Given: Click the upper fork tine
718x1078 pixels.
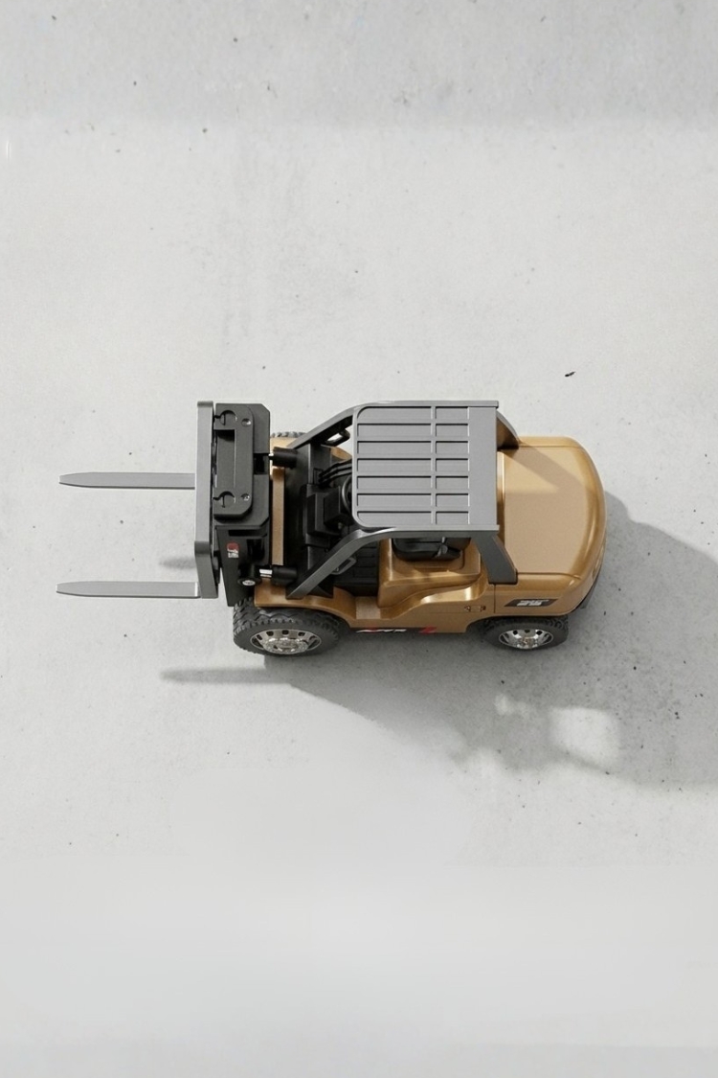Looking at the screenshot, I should click(x=129, y=480).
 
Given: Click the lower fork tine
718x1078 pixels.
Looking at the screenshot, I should click(x=129, y=588).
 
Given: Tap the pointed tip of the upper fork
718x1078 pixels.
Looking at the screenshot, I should click(x=62, y=479).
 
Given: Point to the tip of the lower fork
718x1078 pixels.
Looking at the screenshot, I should click(x=59, y=590).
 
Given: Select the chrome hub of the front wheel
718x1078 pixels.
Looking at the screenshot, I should click(x=285, y=640).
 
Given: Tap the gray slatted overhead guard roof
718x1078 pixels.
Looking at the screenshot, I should click(x=426, y=465).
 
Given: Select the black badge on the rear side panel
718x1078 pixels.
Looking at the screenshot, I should click(x=529, y=603).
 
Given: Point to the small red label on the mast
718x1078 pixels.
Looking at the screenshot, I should click(x=233, y=549).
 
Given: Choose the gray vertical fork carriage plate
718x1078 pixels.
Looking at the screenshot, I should click(x=205, y=498).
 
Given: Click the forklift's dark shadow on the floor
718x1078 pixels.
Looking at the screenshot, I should click(x=613, y=671).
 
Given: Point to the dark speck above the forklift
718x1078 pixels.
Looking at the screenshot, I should click(x=571, y=374).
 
